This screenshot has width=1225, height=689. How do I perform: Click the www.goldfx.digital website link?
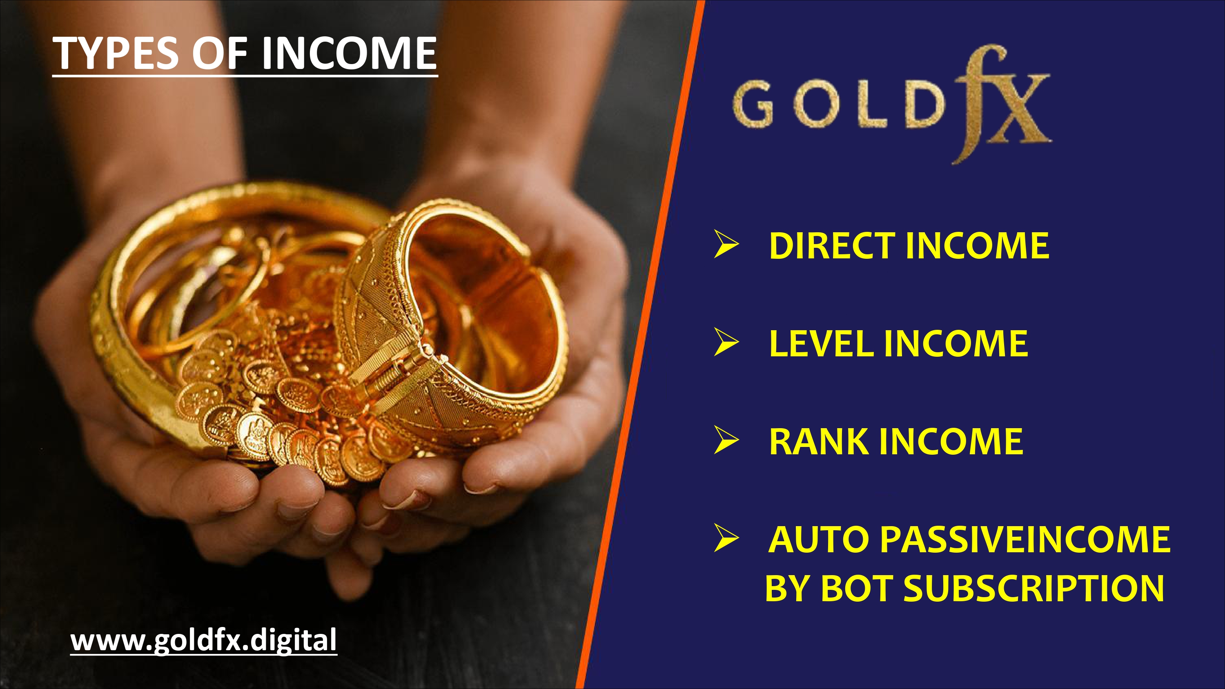(x=203, y=640)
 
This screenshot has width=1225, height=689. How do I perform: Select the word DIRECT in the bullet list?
(x=833, y=246)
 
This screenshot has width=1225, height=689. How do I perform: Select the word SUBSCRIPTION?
(x=1034, y=588)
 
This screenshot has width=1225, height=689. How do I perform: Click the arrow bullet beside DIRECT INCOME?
(x=726, y=244)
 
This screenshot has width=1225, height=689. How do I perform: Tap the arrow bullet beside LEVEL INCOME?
(x=726, y=342)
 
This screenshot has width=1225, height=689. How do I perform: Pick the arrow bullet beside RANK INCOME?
(x=726, y=440)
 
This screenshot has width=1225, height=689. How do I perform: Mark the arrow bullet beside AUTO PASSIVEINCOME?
(x=726, y=538)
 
